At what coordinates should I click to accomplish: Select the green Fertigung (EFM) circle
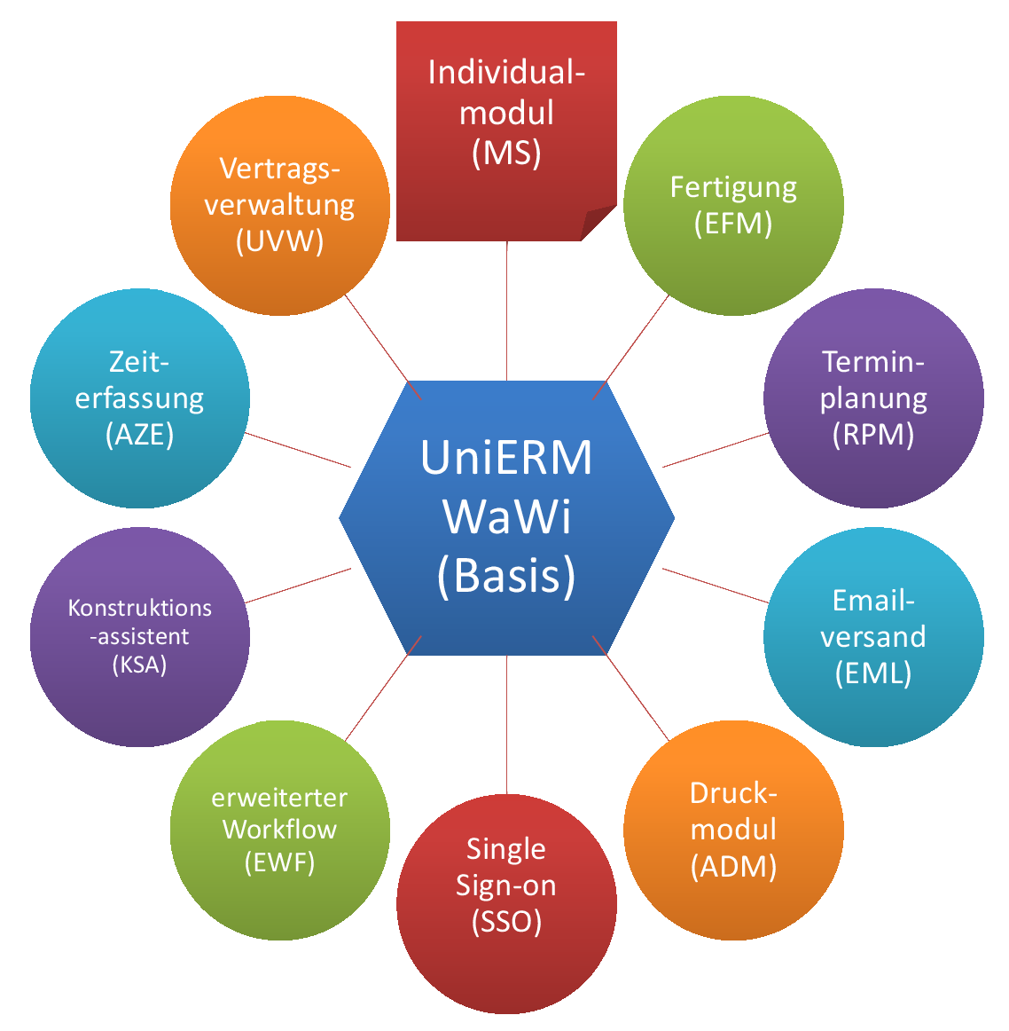tap(733, 206)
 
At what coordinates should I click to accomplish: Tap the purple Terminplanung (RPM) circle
tap(873, 398)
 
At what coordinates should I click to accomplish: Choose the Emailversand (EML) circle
tap(873, 637)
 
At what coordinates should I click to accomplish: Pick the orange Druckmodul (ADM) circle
tap(733, 830)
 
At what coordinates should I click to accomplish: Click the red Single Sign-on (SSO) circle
tap(506, 904)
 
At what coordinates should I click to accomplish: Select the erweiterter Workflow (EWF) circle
tap(279, 830)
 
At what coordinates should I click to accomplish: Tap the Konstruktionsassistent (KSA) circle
tap(140, 637)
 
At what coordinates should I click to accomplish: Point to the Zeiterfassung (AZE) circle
tap(140, 398)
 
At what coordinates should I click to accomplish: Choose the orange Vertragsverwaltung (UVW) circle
tap(279, 206)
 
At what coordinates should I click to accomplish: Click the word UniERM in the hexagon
tap(506, 458)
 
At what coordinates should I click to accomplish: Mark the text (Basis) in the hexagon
tap(506, 575)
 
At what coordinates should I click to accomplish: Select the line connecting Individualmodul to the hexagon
tap(506, 311)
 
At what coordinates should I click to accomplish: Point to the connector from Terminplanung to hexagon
tap(715, 450)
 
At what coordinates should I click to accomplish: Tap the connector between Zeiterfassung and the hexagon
tap(298, 450)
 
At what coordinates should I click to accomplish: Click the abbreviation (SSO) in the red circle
tap(506, 922)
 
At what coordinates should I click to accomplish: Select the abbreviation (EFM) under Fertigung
tap(733, 223)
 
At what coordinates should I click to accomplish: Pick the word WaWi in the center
tap(506, 516)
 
